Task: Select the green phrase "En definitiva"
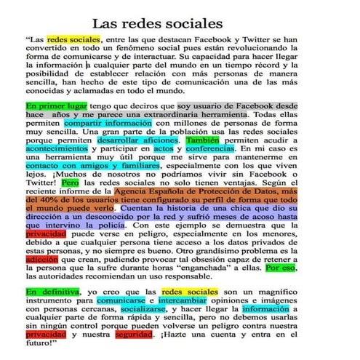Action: [x=50, y=292]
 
